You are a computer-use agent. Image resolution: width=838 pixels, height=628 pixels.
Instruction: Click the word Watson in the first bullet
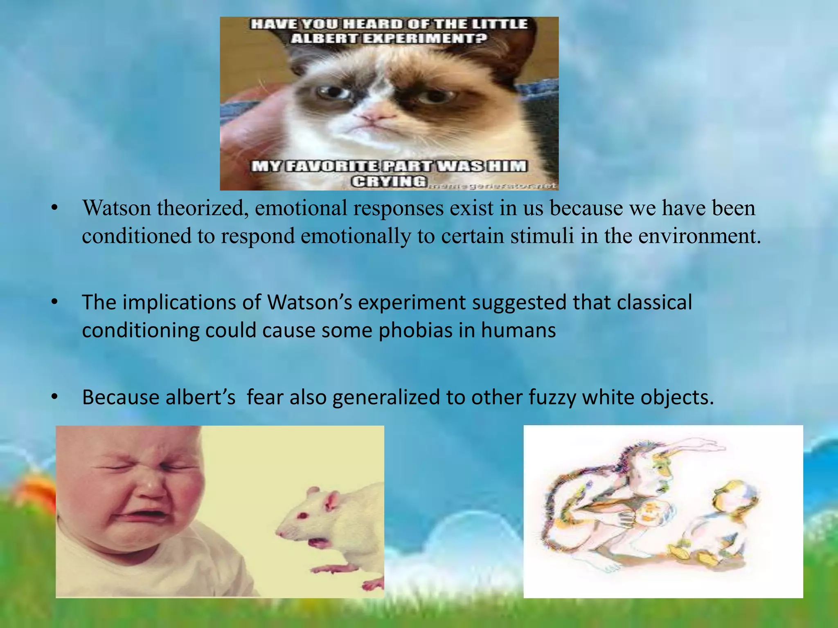[117, 208]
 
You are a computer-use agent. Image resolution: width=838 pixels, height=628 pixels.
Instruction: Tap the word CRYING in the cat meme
[389, 181]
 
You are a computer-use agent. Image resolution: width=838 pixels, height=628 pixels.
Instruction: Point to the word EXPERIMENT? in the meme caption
[424, 38]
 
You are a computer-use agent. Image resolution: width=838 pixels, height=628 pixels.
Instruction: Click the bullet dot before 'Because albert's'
[55, 397]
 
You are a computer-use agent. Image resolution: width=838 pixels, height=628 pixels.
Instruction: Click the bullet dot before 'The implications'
[55, 303]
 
